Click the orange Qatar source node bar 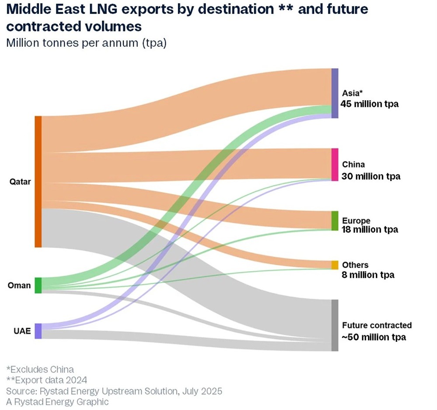pyautogui.click(x=38, y=182)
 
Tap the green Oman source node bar pyautogui.click(x=38, y=285)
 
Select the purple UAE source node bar pyautogui.click(x=38, y=331)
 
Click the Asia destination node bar pyautogui.click(x=335, y=93)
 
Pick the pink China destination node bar pyautogui.click(x=335, y=165)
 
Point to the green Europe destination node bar pyautogui.click(x=335, y=221)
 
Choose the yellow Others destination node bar pyautogui.click(x=335, y=265)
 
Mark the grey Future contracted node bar pyautogui.click(x=335, y=325)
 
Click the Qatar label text pyautogui.click(x=20, y=182)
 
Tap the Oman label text pyautogui.click(x=19, y=286)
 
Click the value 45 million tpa pyautogui.click(x=370, y=104)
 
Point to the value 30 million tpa pyautogui.click(x=371, y=176)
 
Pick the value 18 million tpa pyautogui.click(x=370, y=230)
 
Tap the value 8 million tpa pyautogui.click(x=368, y=275)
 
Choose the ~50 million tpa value pyautogui.click(x=374, y=338)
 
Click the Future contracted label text pyautogui.click(x=377, y=325)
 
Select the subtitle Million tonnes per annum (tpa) pyautogui.click(x=86, y=44)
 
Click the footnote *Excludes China pyautogui.click(x=40, y=369)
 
